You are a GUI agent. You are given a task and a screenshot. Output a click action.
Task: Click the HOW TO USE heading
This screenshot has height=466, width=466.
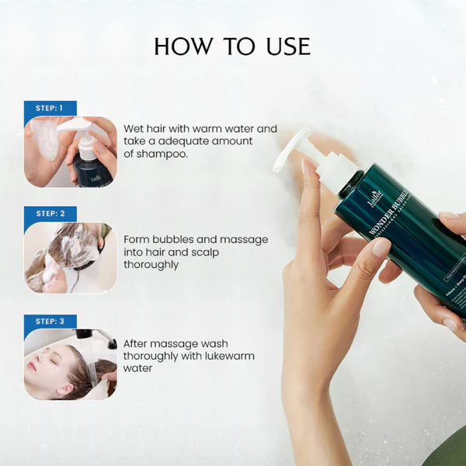pos(232,46)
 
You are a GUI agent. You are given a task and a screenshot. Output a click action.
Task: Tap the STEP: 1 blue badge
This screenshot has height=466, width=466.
pos(50,108)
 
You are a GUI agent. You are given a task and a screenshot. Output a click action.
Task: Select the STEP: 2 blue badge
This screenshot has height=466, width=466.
pos(50,213)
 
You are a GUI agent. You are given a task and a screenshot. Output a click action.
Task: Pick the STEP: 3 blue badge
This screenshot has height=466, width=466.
pos(50,321)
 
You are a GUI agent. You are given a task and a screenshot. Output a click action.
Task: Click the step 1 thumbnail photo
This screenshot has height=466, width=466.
pos(70,151)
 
